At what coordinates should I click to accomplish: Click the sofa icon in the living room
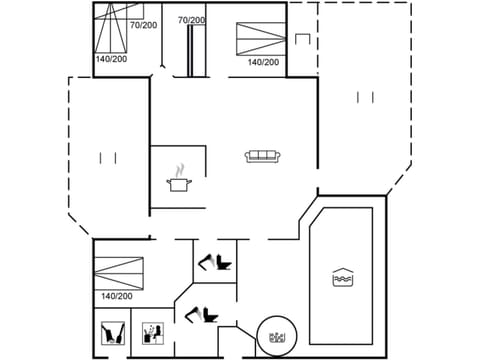263,156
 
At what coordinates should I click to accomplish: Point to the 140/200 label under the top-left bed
111,59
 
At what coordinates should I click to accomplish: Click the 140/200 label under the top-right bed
263,62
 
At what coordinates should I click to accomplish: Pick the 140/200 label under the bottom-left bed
117,296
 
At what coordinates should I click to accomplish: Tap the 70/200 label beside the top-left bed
142,24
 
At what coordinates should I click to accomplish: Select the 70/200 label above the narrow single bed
191,20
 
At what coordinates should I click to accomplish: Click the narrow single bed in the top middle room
190,50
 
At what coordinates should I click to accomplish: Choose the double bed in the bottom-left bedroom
119,270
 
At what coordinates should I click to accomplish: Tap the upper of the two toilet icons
214,263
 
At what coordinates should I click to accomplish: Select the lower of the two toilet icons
199,314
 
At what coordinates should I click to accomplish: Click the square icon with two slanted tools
113,332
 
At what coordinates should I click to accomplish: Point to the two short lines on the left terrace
108,157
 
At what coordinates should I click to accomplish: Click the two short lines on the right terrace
365,97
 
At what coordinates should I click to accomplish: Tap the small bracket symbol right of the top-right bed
303,38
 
